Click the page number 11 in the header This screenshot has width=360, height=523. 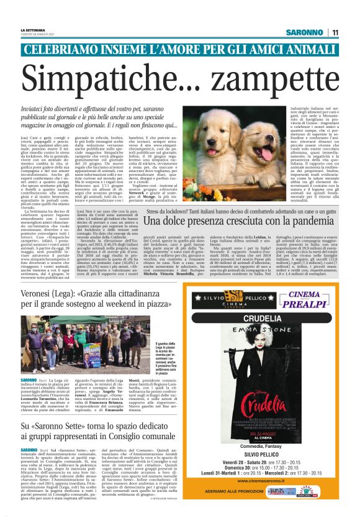(x=335, y=32)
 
